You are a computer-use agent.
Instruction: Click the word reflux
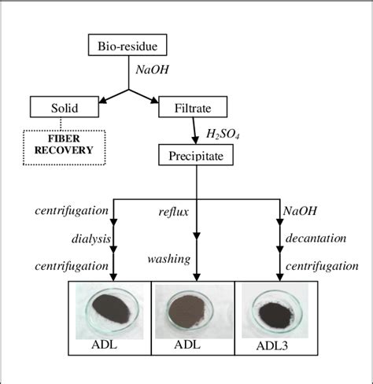175,211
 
